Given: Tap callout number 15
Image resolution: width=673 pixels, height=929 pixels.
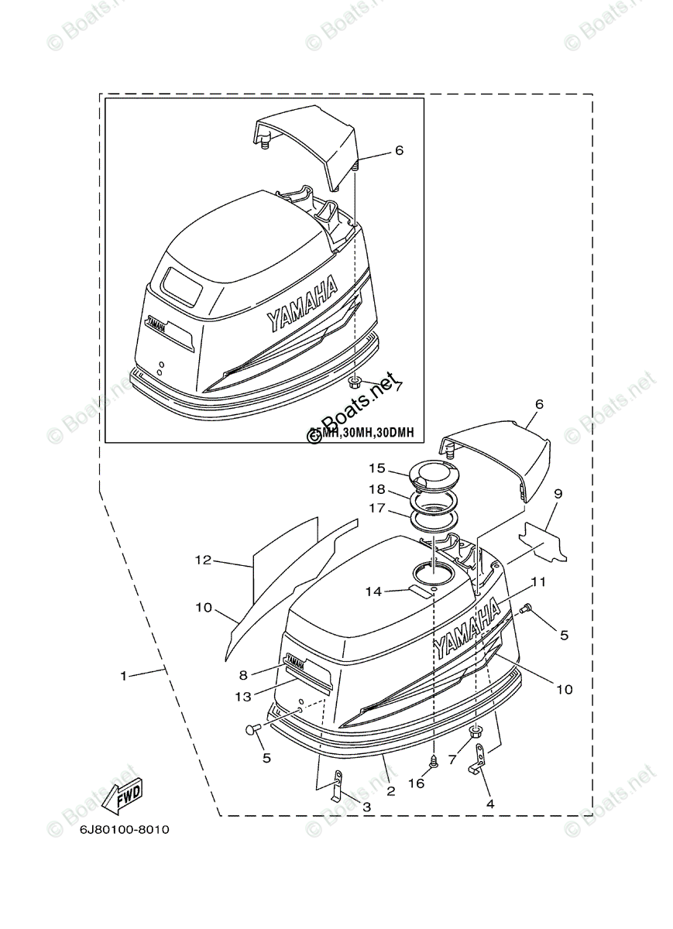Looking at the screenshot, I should click(376, 468).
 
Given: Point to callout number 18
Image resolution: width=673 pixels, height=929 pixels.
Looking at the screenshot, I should click(376, 489).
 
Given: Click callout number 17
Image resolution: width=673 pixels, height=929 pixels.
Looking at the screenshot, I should click(376, 509).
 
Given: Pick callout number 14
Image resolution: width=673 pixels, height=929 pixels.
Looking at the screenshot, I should click(373, 591).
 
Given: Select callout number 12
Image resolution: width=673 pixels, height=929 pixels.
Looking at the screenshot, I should click(203, 560).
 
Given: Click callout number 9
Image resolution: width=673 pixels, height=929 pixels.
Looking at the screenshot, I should click(558, 493).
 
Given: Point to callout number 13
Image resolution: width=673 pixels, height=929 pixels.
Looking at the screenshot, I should click(243, 697).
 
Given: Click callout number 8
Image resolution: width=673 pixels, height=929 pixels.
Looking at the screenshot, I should click(242, 674).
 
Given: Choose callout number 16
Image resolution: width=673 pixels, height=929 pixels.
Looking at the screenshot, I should click(416, 783).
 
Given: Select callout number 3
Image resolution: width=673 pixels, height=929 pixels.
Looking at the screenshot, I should click(366, 807).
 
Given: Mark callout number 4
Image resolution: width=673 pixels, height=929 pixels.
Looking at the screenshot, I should click(489, 804).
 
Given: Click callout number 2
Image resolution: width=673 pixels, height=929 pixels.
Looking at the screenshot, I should click(390, 791).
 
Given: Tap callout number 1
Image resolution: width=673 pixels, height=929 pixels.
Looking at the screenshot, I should click(123, 676).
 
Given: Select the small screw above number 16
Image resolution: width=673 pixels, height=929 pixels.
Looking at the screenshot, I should click(434, 760).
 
